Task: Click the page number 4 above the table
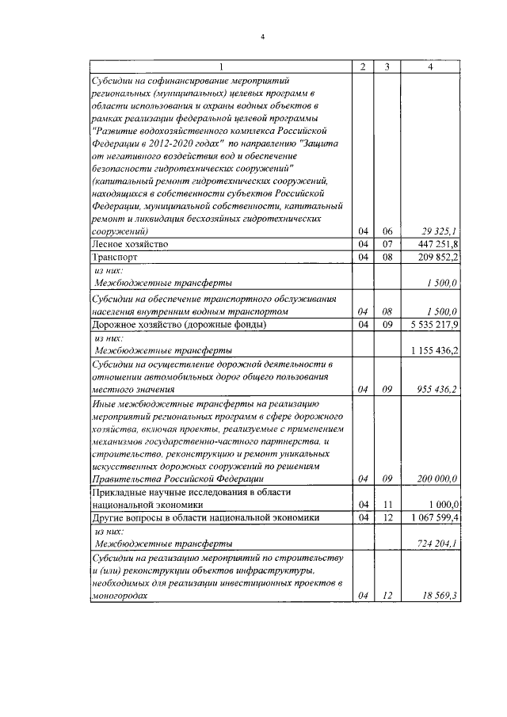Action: click(x=262, y=37)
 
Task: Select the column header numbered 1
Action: click(x=220, y=67)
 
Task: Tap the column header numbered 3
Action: click(x=387, y=67)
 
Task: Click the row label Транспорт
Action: click(x=116, y=257)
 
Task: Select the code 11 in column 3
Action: click(x=387, y=504)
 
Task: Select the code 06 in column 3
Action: click(x=387, y=231)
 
